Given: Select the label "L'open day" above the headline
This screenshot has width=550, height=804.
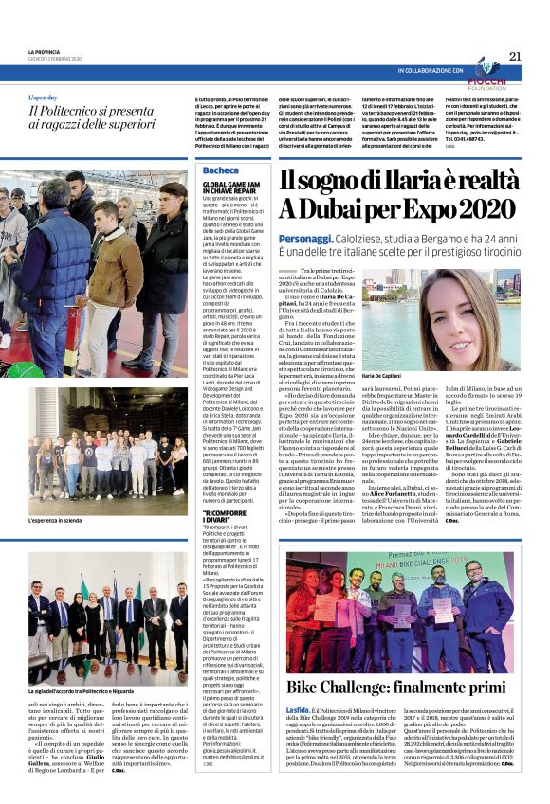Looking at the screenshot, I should pyautogui.click(x=46, y=98).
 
